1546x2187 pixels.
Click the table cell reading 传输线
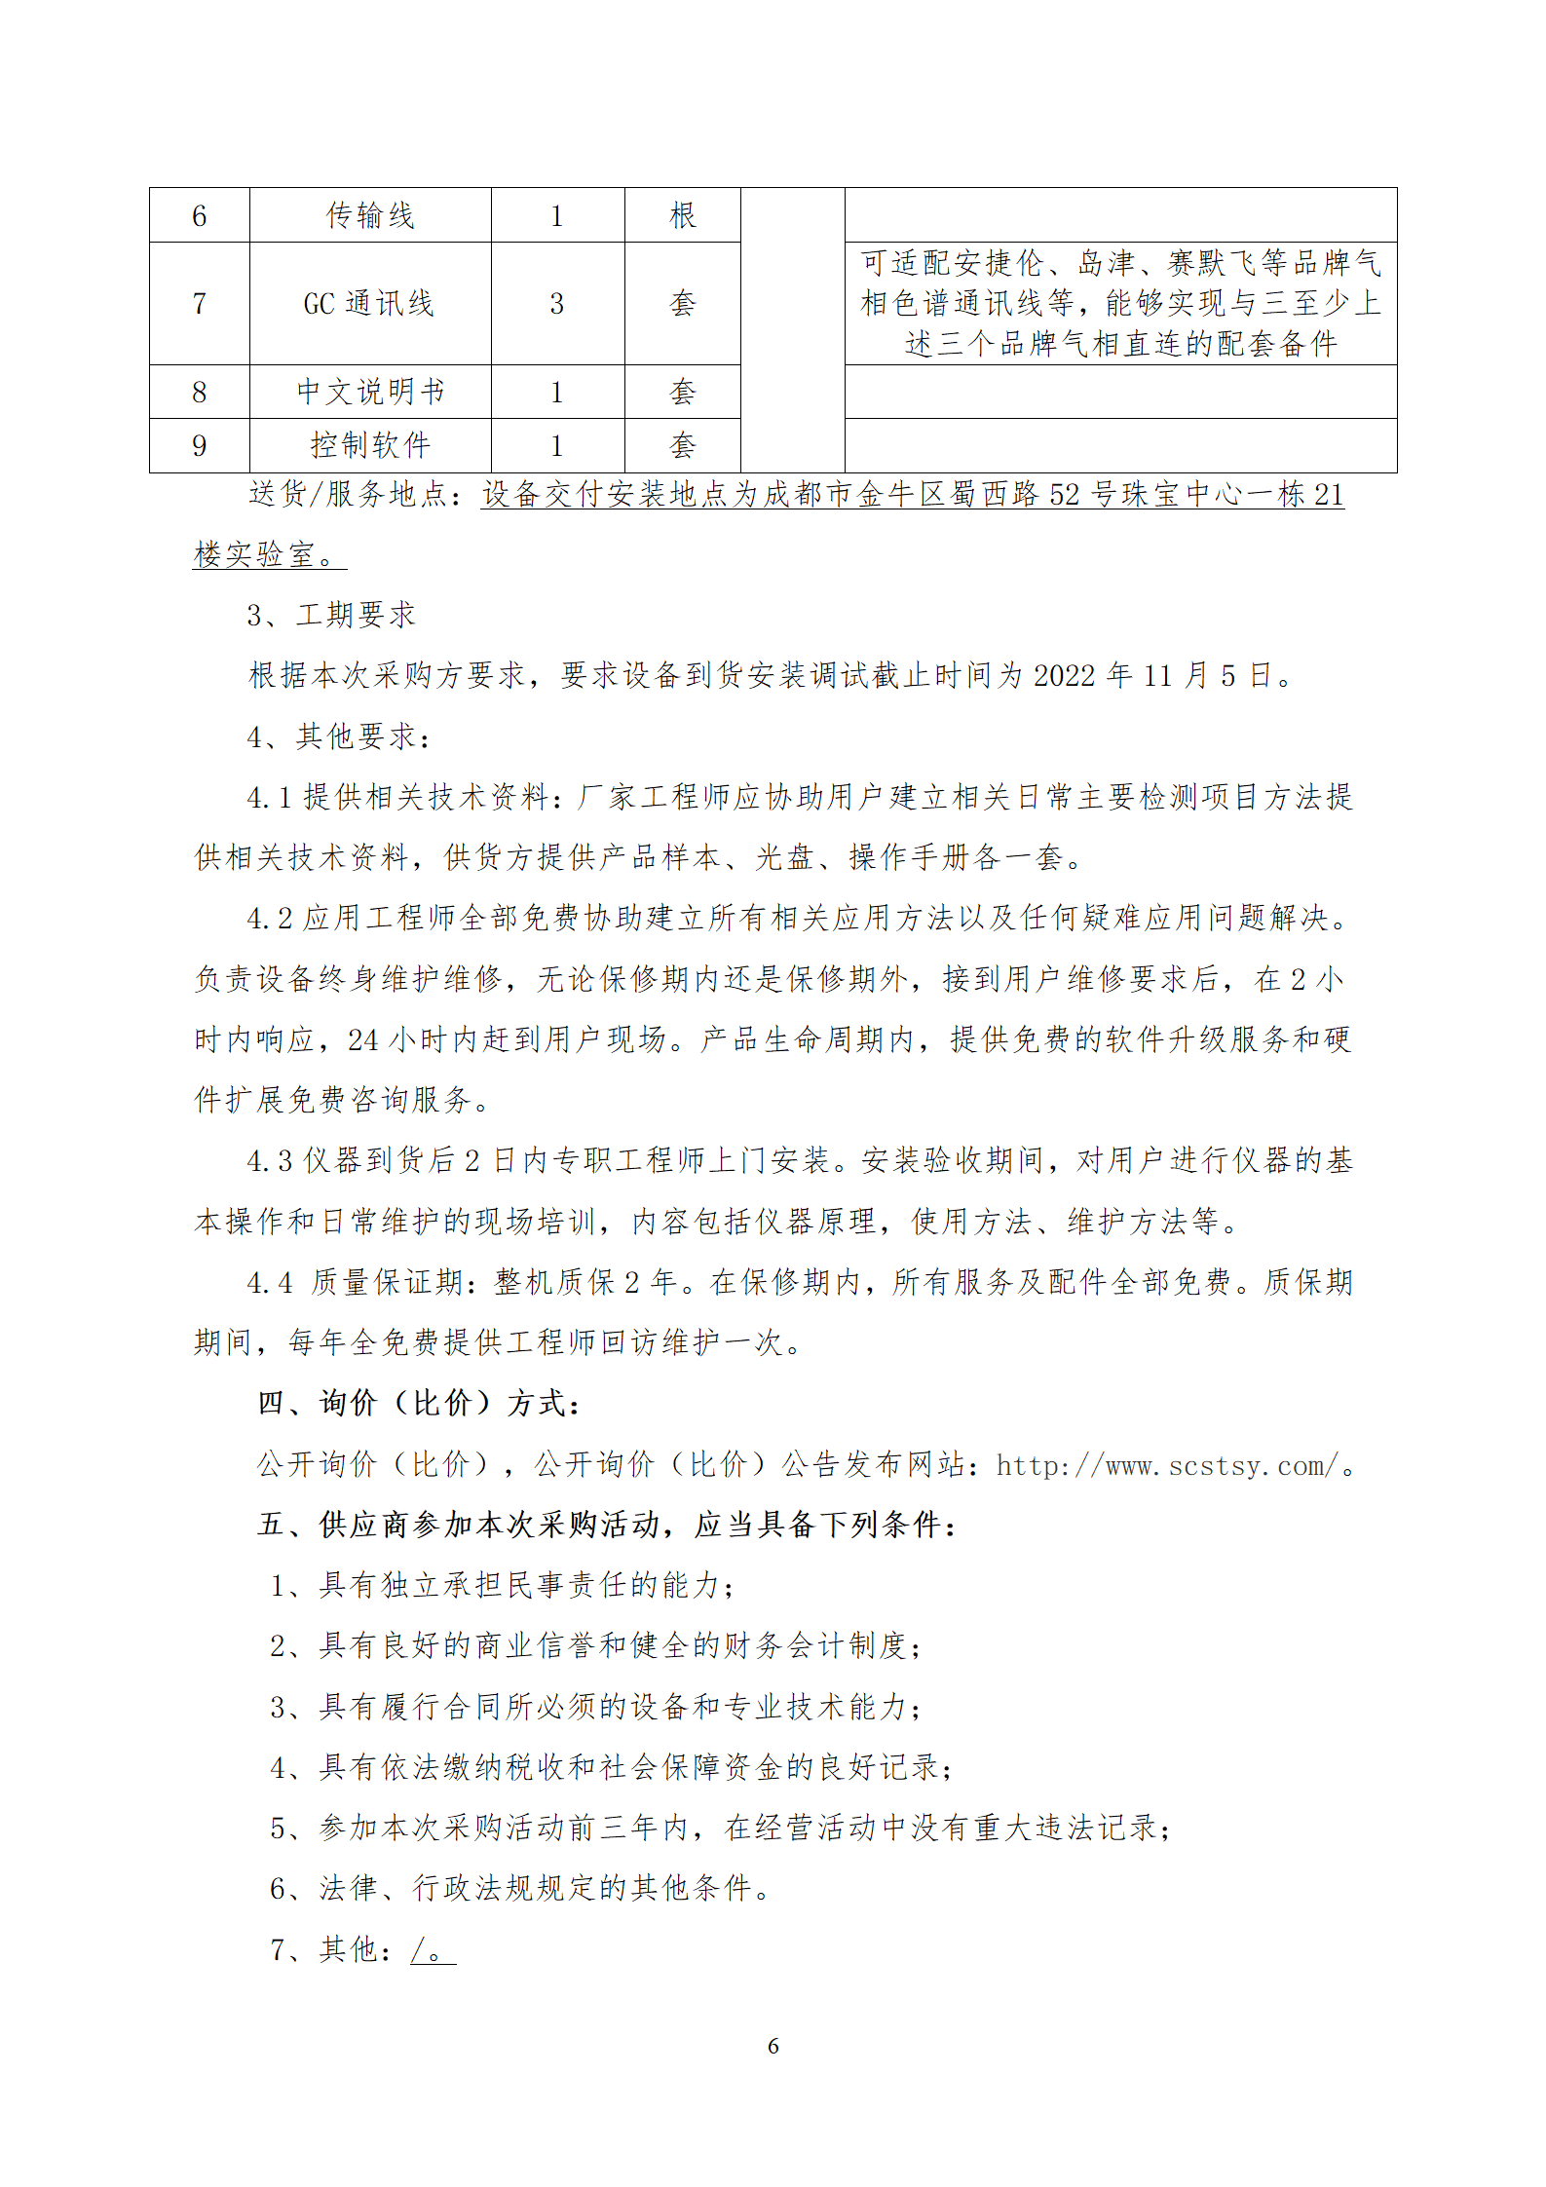click(x=369, y=215)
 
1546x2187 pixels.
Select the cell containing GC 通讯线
click(x=369, y=304)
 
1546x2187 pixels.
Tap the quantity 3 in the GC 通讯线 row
click(x=556, y=304)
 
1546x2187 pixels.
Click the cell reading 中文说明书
click(x=369, y=392)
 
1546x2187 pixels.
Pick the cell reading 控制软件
click(x=369, y=445)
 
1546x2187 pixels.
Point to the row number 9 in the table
click(x=200, y=445)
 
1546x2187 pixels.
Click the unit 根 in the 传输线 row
click(x=682, y=215)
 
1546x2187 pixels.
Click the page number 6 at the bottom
click(x=773, y=2046)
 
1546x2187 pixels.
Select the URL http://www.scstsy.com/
click(x=1166, y=1465)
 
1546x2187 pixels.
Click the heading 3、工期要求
click(x=331, y=615)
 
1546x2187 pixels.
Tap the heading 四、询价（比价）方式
click(x=419, y=1404)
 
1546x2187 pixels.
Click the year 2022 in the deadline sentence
click(x=1065, y=675)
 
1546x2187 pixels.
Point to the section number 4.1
click(x=269, y=797)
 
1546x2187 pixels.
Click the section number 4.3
click(x=269, y=1160)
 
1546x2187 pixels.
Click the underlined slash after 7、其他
click(x=418, y=1949)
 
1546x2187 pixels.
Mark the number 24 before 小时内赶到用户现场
click(x=362, y=1039)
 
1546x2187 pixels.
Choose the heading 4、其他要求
click(x=337, y=736)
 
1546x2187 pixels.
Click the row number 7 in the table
click(x=200, y=304)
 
